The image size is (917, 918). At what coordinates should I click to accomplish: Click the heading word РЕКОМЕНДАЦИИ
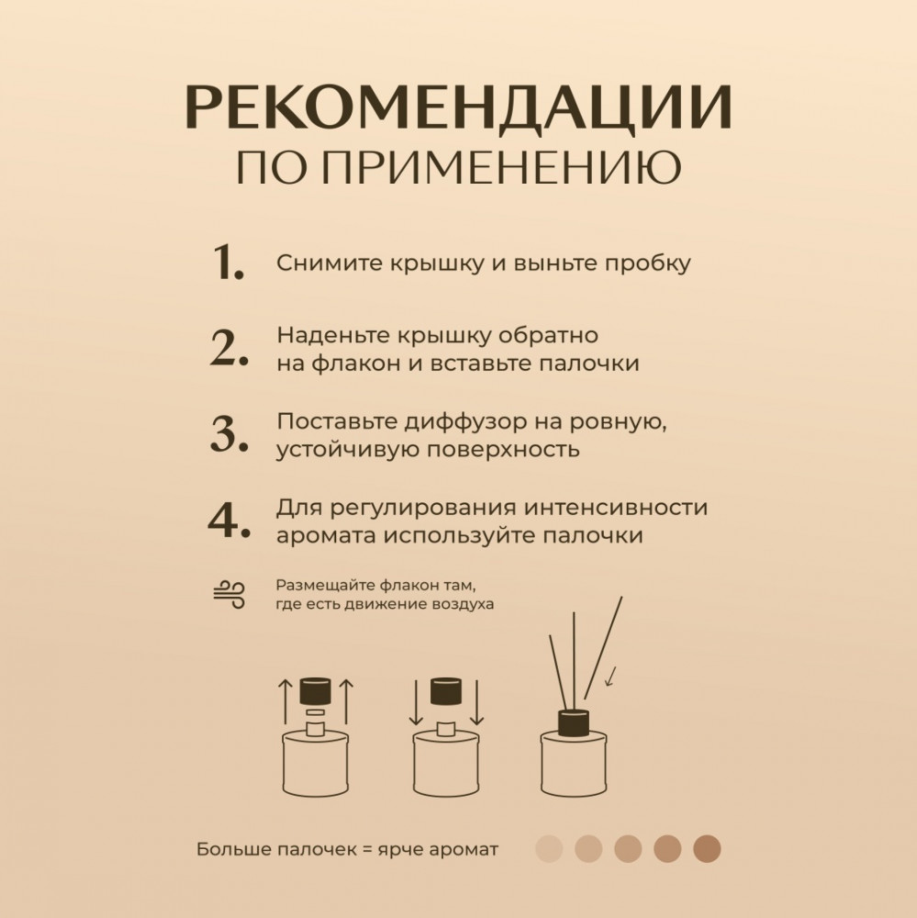pos(459,107)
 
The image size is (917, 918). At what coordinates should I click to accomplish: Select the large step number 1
pos(228,263)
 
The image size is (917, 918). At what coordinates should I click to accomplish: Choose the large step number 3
pos(229,434)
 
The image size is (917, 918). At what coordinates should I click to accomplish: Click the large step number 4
pos(229,520)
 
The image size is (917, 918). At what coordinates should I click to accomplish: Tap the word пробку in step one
pos(648,264)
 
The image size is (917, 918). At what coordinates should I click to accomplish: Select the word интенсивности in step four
pos(616,508)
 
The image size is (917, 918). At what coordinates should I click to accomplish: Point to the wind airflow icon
pos(229,594)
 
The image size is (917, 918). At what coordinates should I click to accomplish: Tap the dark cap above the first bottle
pos(316,691)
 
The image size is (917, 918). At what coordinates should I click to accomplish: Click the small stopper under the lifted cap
pos(316,712)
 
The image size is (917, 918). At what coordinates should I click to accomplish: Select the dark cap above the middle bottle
pos(446,691)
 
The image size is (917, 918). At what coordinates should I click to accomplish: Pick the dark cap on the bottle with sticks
pos(574,722)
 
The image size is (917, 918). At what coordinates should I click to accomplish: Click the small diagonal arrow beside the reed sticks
pos(610,677)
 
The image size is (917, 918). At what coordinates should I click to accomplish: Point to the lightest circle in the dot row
pos(549,849)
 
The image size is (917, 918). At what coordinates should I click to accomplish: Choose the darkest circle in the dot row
pos(707,849)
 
